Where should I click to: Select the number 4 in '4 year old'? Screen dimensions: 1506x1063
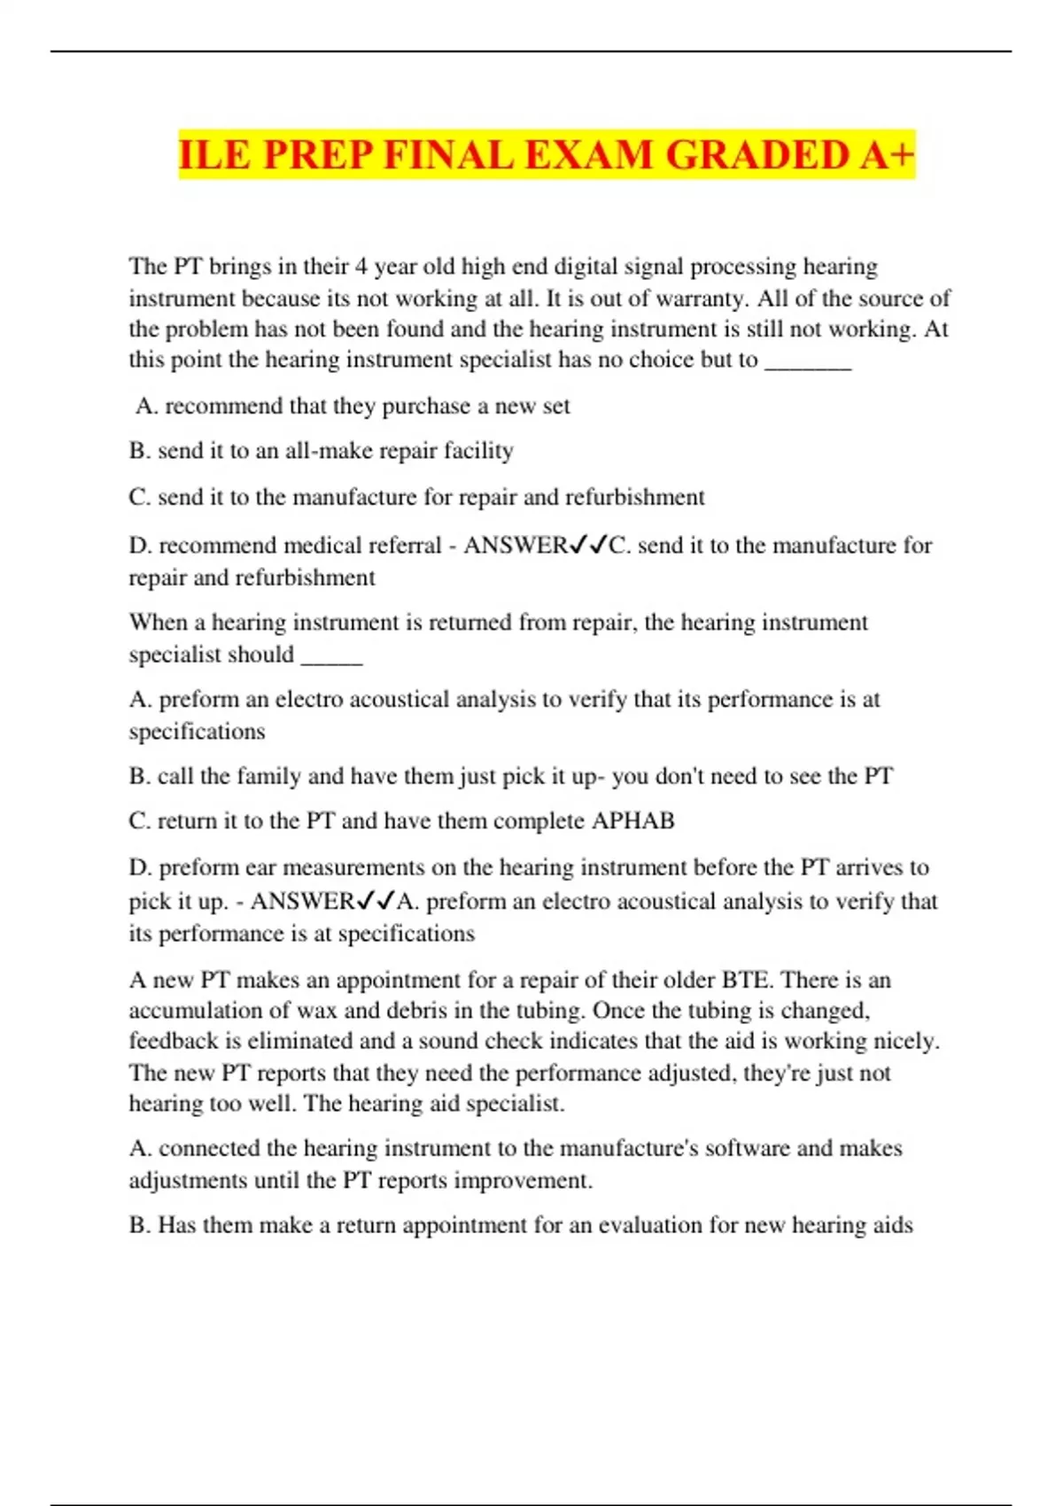(361, 267)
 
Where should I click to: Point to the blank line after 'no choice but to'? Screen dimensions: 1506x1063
(807, 361)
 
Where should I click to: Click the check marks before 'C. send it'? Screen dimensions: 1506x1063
(587, 546)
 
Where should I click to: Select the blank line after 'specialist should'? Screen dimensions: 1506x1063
(332, 656)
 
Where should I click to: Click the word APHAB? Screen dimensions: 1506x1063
(632, 821)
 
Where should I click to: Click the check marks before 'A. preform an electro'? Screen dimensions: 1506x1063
(375, 902)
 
